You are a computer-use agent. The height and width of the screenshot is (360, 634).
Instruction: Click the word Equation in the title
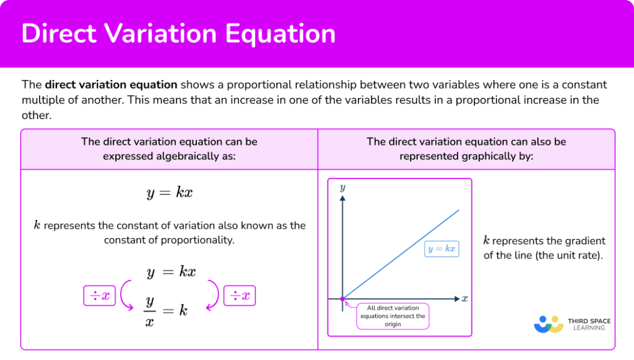pyautogui.click(x=280, y=33)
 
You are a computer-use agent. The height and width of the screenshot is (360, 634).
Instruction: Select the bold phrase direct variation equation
pyautogui.click(x=111, y=84)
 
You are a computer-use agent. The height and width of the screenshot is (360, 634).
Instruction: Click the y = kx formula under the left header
pyautogui.click(x=170, y=193)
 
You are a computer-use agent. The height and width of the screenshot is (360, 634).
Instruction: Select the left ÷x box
pyautogui.click(x=100, y=296)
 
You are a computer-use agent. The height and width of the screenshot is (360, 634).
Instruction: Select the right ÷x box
pyautogui.click(x=240, y=296)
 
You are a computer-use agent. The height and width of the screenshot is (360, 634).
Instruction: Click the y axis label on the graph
pyautogui.click(x=342, y=188)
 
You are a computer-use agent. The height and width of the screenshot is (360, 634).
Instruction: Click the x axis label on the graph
pyautogui.click(x=464, y=299)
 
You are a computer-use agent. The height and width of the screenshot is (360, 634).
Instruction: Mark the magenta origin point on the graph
pyautogui.click(x=342, y=299)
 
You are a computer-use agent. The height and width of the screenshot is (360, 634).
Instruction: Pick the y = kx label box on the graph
pyautogui.click(x=441, y=248)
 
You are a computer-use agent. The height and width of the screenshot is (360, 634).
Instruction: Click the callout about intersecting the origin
pyautogui.click(x=393, y=316)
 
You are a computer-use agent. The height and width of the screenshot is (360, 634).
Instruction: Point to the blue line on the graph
pyautogui.click(x=401, y=255)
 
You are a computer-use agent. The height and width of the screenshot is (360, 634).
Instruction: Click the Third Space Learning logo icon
pyautogui.click(x=549, y=325)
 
